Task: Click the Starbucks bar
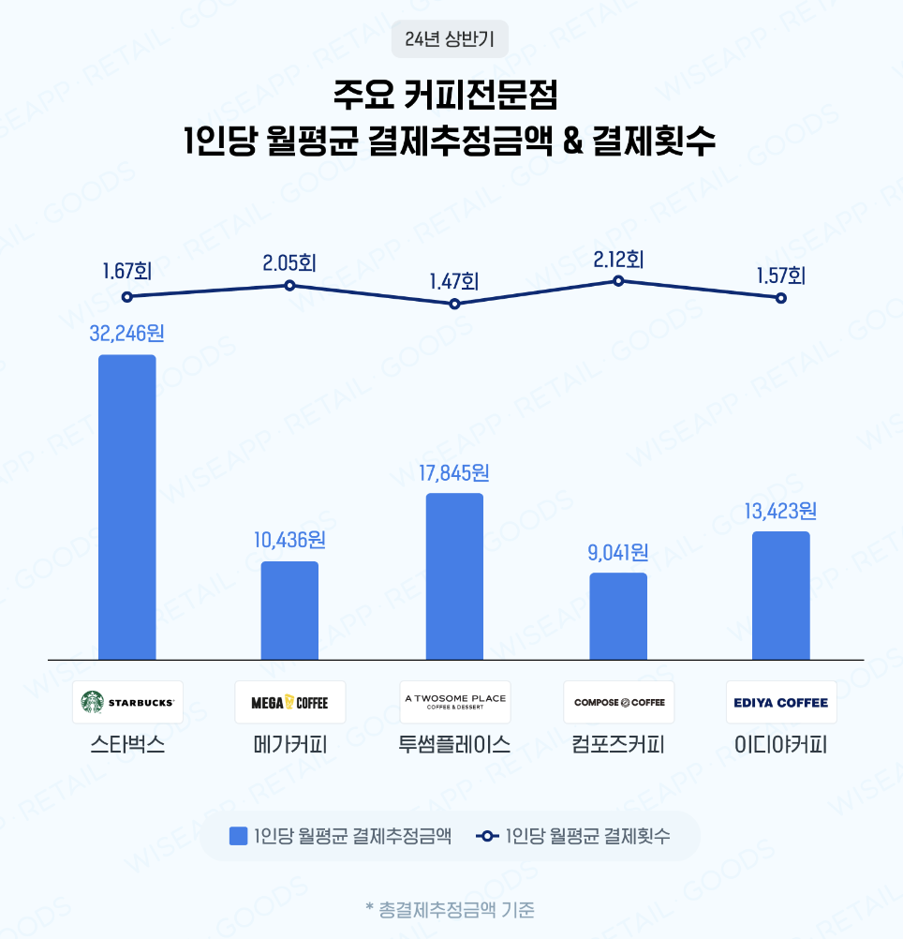(126, 506)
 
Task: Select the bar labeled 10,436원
(289, 610)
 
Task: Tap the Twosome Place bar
(454, 575)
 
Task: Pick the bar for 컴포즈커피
(618, 616)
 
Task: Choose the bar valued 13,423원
(781, 595)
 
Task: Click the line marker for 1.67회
(126, 296)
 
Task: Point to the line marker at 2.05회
(290, 285)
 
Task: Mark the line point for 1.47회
(454, 304)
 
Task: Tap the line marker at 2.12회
(618, 280)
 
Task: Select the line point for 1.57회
(781, 298)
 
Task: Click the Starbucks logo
(127, 702)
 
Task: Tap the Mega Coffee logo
(290, 702)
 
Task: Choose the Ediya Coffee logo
(781, 702)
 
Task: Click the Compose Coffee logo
(618, 702)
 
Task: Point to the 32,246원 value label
(126, 333)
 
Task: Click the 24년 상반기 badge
(451, 39)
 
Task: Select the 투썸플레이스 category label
(454, 746)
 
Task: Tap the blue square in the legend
(239, 836)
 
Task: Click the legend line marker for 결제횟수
(486, 836)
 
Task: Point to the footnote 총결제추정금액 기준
(451, 909)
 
